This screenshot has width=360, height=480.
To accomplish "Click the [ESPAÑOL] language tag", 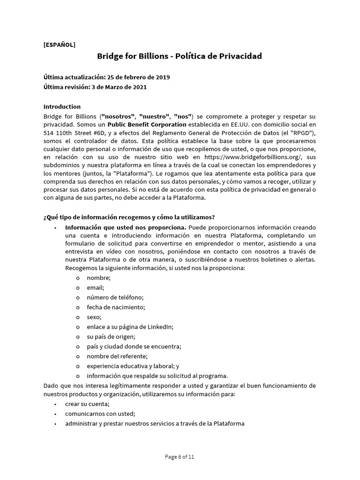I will point(59,45).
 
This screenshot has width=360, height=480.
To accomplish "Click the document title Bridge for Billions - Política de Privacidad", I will point(180,56).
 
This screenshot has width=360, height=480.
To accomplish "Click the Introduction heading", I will point(62,106).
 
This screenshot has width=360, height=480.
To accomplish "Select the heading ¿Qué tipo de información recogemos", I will point(129,217).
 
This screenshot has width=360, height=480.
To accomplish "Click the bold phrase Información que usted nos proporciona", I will point(126,227).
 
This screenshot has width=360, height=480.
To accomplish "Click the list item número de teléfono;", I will point(115,297).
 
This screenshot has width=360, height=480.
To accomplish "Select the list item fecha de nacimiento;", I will point(116,307).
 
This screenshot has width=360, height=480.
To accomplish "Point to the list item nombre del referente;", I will point(117,356).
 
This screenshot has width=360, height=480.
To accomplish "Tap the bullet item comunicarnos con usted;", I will point(100,414).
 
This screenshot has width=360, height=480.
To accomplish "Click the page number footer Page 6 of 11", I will point(180,457).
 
